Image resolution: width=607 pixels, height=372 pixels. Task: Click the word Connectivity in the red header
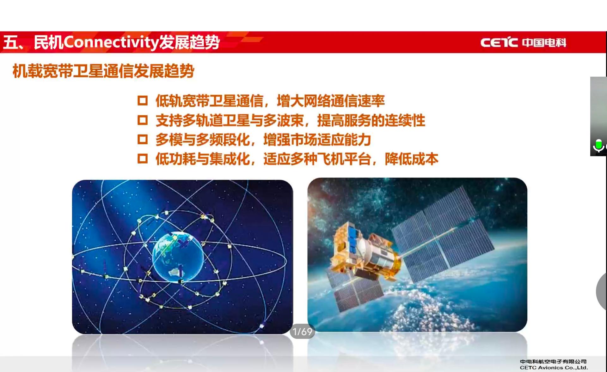pyautogui.click(x=111, y=43)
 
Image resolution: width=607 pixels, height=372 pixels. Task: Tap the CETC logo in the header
pyautogui.click(x=499, y=42)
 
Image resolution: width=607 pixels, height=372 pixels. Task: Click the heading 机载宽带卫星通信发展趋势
pyautogui.click(x=103, y=71)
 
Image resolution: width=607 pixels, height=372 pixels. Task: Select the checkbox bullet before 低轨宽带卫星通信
pyautogui.click(x=143, y=101)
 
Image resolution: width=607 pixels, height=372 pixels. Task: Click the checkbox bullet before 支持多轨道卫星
pyautogui.click(x=143, y=120)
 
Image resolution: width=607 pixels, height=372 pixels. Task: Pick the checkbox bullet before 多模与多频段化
pyautogui.click(x=143, y=139)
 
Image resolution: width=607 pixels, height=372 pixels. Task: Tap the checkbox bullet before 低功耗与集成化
pyautogui.click(x=143, y=159)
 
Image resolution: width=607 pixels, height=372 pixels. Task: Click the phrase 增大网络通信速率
pyautogui.click(x=331, y=101)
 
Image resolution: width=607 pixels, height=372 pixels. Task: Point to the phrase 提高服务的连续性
pyautogui.click(x=371, y=120)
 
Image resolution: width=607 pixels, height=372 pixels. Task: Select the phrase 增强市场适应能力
pyautogui.click(x=317, y=140)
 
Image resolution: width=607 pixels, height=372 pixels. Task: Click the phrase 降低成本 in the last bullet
pyautogui.click(x=412, y=159)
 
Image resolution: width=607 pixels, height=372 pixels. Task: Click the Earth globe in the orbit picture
pyautogui.click(x=178, y=257)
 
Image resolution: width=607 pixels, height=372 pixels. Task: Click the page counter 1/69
pyautogui.click(x=303, y=332)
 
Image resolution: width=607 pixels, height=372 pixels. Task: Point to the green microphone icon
pyautogui.click(x=598, y=146)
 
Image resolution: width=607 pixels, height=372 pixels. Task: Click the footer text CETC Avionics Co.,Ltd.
pyautogui.click(x=554, y=368)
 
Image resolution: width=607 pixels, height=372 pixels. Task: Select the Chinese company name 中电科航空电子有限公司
pyautogui.click(x=553, y=362)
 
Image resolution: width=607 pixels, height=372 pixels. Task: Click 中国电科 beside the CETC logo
pyautogui.click(x=544, y=42)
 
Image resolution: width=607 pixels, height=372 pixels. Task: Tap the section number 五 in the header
pyautogui.click(x=11, y=42)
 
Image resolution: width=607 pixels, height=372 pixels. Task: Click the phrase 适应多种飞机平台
pyautogui.click(x=317, y=159)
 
